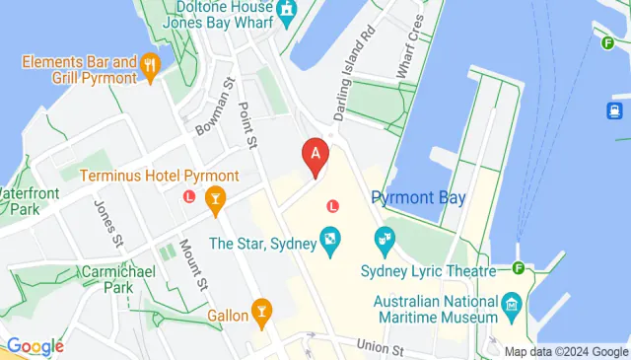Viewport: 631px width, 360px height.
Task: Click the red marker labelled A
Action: pyautogui.click(x=315, y=156)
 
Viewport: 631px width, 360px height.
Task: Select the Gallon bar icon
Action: pyautogui.click(x=261, y=314)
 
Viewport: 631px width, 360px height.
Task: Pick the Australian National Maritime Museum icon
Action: pyautogui.click(x=511, y=303)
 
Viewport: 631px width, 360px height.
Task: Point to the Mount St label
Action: pyautogui.click(x=197, y=267)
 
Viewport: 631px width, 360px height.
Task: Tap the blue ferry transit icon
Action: pyautogui.click(x=613, y=110)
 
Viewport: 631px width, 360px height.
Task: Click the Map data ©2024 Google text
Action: pyautogui.click(x=566, y=351)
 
